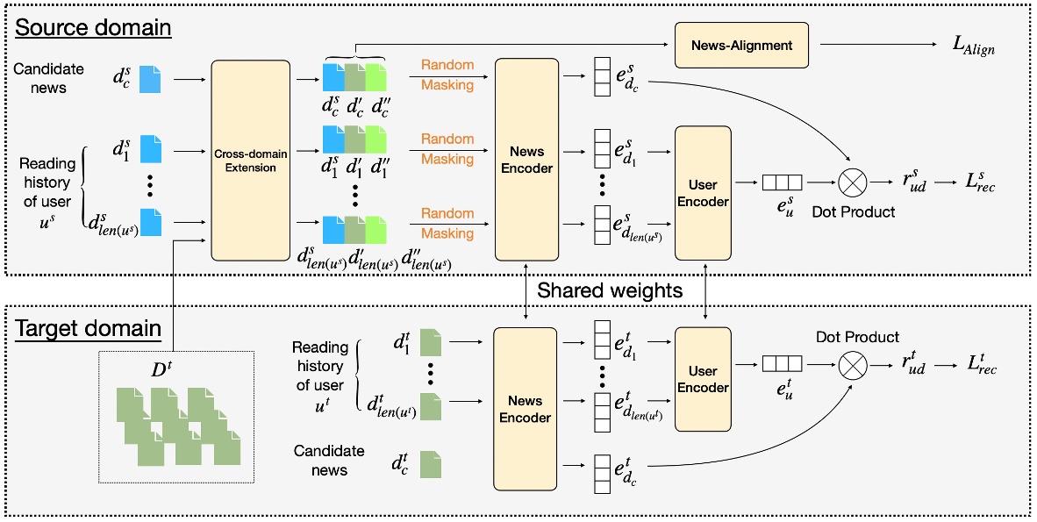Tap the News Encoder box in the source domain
coord(526,160)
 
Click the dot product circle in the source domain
coord(851,184)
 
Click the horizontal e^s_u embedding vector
coord(779,184)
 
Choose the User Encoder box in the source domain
coord(703,192)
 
